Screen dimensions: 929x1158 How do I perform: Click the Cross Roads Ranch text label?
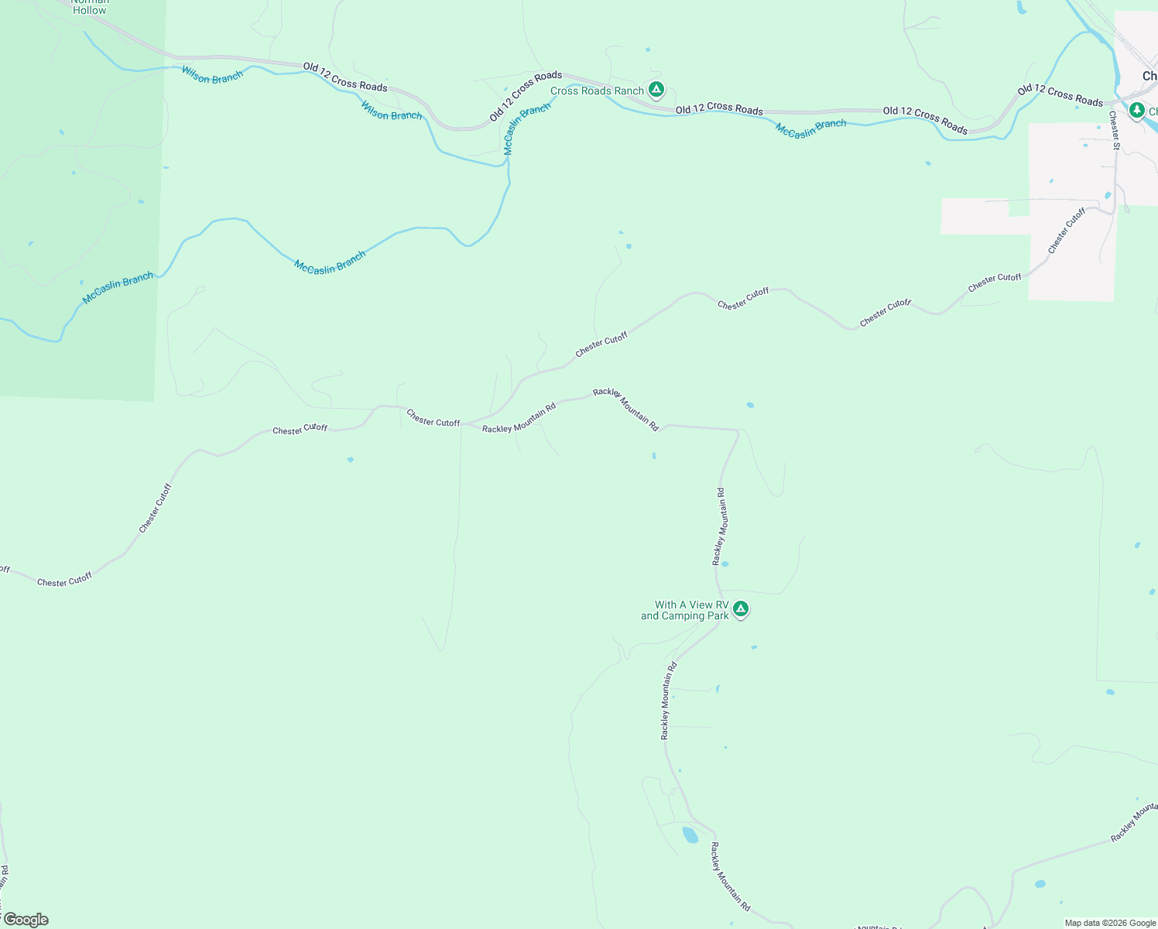597,91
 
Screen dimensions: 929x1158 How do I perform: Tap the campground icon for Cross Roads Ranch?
656,91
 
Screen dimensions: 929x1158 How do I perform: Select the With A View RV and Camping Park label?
685,611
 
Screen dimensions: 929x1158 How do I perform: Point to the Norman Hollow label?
89,7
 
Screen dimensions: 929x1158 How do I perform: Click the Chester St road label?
1115,130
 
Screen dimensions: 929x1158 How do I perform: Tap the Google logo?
26,920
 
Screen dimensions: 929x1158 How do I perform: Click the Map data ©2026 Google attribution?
1110,923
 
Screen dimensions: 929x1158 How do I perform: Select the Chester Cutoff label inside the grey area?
1067,231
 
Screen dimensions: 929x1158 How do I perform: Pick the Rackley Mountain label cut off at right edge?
1134,823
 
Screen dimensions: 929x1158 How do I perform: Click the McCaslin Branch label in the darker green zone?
118,288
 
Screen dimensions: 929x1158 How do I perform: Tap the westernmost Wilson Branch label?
212,75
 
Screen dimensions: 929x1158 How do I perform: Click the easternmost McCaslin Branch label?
810,129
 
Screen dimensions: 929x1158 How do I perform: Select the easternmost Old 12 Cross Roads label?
1060,95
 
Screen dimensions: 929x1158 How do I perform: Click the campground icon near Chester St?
1136,111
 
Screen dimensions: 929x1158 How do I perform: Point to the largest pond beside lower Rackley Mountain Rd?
689,835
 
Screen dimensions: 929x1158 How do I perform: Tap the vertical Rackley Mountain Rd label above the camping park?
720,526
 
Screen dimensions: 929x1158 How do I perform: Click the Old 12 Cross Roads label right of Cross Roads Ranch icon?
719,109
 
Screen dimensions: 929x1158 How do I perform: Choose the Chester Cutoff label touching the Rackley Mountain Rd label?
433,419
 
